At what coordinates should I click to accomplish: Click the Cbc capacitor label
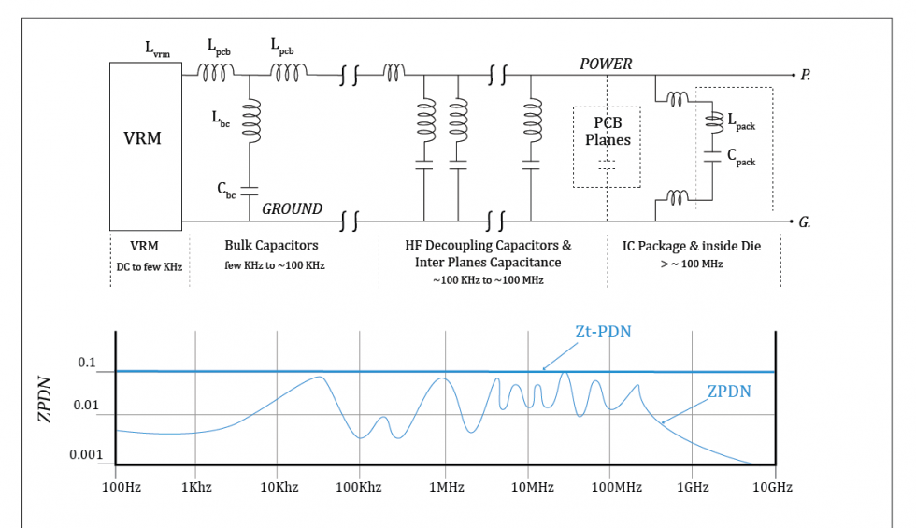click(x=227, y=189)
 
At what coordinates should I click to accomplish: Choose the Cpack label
click(x=744, y=161)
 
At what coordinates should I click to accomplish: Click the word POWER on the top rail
click(x=606, y=64)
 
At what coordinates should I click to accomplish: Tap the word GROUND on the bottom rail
click(x=292, y=208)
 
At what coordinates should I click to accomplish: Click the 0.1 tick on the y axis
click(x=87, y=364)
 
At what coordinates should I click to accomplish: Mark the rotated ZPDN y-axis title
click(x=45, y=401)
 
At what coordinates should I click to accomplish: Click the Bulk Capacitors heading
click(x=271, y=246)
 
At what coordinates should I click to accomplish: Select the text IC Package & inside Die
click(x=694, y=246)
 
